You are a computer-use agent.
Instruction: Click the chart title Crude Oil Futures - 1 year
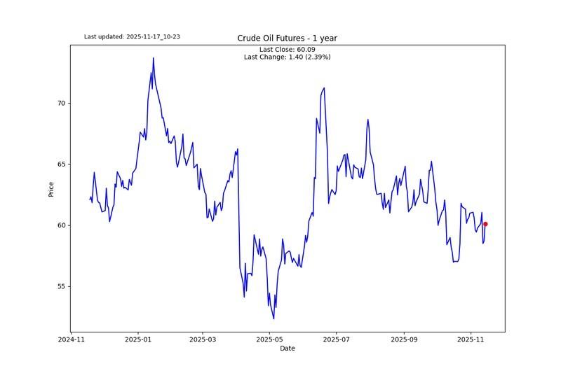(288, 38)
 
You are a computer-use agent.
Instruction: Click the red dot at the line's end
(485, 224)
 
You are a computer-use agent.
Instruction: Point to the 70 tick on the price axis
(61, 103)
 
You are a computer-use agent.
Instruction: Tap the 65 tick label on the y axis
(61, 164)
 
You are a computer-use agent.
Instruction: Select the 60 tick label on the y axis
(61, 225)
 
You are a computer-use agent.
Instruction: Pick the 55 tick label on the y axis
(61, 286)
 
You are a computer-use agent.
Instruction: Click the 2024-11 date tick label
(71, 339)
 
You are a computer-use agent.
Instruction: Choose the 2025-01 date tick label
(137, 339)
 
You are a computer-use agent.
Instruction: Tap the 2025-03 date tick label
(203, 339)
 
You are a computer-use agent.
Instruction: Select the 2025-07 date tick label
(337, 339)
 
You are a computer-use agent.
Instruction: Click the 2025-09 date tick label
(405, 339)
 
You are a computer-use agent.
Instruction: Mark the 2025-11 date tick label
(471, 339)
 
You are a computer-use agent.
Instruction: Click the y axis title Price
(51, 189)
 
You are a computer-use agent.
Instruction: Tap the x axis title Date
(288, 349)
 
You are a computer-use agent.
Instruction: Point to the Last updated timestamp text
(132, 36)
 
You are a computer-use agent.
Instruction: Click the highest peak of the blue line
(153, 58)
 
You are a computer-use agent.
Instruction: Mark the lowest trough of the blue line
(273, 318)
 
